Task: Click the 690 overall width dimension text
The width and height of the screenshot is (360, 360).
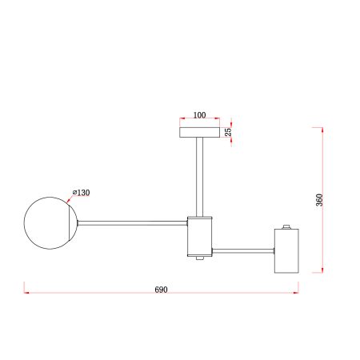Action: [x=161, y=286]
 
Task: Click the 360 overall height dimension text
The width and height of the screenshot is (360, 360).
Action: [x=319, y=200]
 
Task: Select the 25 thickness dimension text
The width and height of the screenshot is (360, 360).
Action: [x=229, y=133]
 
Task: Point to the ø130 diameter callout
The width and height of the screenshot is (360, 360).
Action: [x=82, y=193]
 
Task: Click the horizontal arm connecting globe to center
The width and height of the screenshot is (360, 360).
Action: [x=132, y=222]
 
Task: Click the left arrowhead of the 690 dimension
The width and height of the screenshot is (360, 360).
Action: [x=26, y=292]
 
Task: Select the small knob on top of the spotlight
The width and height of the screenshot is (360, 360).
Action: [x=286, y=226]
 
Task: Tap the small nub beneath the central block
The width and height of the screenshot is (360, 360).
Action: [x=198, y=258]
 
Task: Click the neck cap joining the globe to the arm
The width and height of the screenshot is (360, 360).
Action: [x=78, y=222]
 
